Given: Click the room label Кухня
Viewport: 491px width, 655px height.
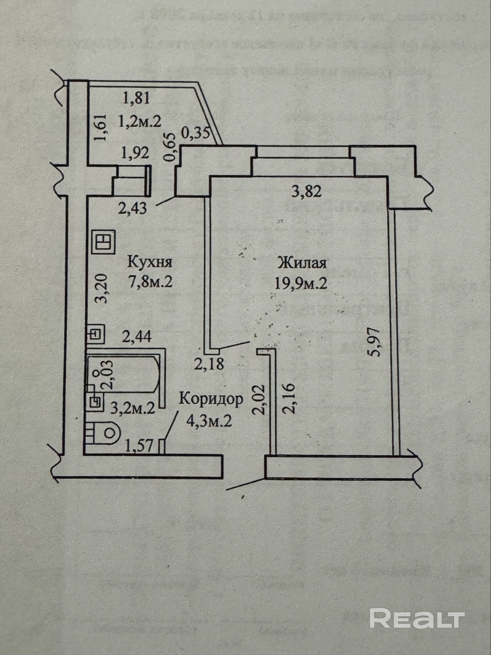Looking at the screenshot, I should (x=150, y=262).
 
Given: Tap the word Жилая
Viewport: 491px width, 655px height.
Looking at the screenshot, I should (x=302, y=263).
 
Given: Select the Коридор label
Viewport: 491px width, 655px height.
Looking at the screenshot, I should (x=211, y=399).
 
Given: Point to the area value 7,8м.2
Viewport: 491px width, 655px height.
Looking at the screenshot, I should (x=151, y=282).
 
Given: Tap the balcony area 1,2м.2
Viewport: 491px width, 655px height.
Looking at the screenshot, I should (x=140, y=122).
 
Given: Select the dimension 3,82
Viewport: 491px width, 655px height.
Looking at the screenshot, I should (x=306, y=191).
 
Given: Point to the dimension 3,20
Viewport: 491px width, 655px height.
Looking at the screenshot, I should (x=101, y=288).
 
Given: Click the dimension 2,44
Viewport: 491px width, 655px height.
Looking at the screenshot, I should (x=136, y=336).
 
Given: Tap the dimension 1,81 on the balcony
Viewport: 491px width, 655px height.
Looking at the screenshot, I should (x=136, y=98).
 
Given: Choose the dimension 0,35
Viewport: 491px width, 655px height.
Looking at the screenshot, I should (x=195, y=133).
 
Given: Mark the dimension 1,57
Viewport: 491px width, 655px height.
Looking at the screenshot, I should (x=139, y=446).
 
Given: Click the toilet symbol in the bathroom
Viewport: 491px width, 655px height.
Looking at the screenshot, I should (x=103, y=433).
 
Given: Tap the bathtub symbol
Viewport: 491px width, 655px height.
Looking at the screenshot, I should (x=124, y=374).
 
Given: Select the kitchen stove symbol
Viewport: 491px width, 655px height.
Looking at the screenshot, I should (x=103, y=242).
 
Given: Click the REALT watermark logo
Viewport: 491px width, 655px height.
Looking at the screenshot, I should (x=417, y=618).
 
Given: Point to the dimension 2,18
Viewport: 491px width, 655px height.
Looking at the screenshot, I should (x=209, y=364).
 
